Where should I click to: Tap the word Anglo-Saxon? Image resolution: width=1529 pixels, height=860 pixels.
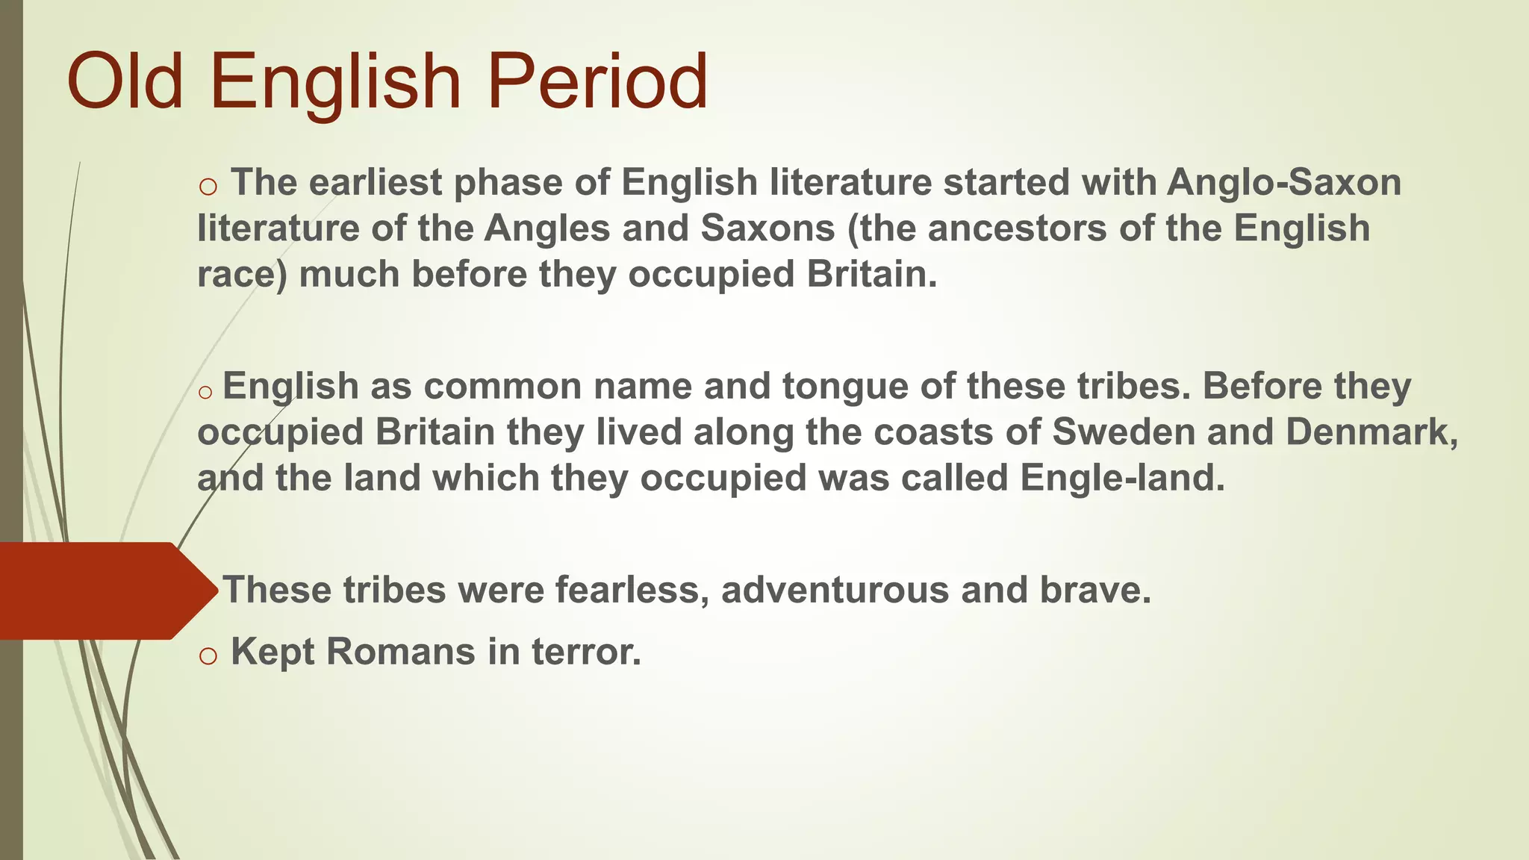1284,183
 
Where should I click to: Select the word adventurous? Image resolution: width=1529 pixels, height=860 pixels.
835,590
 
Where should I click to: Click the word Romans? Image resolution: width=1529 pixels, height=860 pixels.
400,651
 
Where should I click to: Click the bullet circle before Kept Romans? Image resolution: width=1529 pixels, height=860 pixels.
208,655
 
